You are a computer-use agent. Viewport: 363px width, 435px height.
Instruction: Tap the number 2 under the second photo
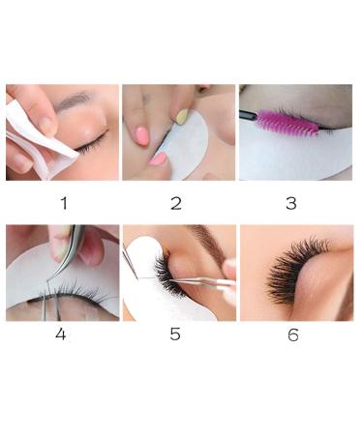pos(175,202)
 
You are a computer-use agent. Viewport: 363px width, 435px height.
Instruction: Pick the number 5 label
pos(175,334)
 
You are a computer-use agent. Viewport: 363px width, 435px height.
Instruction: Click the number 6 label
pos(293,334)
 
